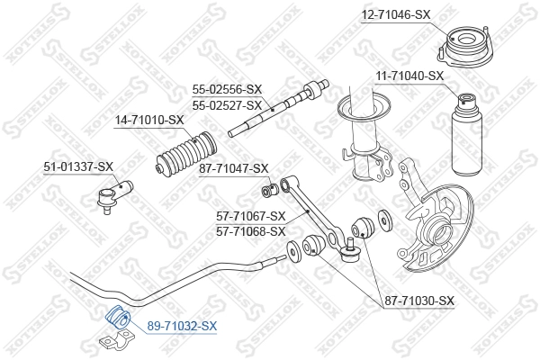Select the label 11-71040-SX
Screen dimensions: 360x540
pyautogui.click(x=410, y=76)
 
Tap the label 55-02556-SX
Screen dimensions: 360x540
pyautogui.click(x=227, y=89)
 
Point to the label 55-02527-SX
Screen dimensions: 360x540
pyautogui.click(x=227, y=104)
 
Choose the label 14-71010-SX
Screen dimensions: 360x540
pyautogui.click(x=148, y=120)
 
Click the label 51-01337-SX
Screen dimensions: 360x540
pyautogui.click(x=78, y=166)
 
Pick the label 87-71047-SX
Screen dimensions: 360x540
pyautogui.click(x=234, y=168)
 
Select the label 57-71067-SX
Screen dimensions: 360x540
pyautogui.click(x=251, y=216)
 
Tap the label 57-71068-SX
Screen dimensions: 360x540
pyautogui.click(x=251, y=230)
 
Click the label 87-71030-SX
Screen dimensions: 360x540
pyautogui.click(x=419, y=301)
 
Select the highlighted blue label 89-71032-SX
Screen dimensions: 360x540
pyautogui.click(x=183, y=325)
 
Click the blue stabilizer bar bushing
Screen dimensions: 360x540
pyautogui.click(x=118, y=318)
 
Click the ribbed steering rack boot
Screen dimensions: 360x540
pyautogui.click(x=185, y=155)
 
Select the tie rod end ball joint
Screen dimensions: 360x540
pyautogui.click(x=116, y=190)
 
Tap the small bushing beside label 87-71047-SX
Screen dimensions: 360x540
pyautogui.click(x=268, y=190)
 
